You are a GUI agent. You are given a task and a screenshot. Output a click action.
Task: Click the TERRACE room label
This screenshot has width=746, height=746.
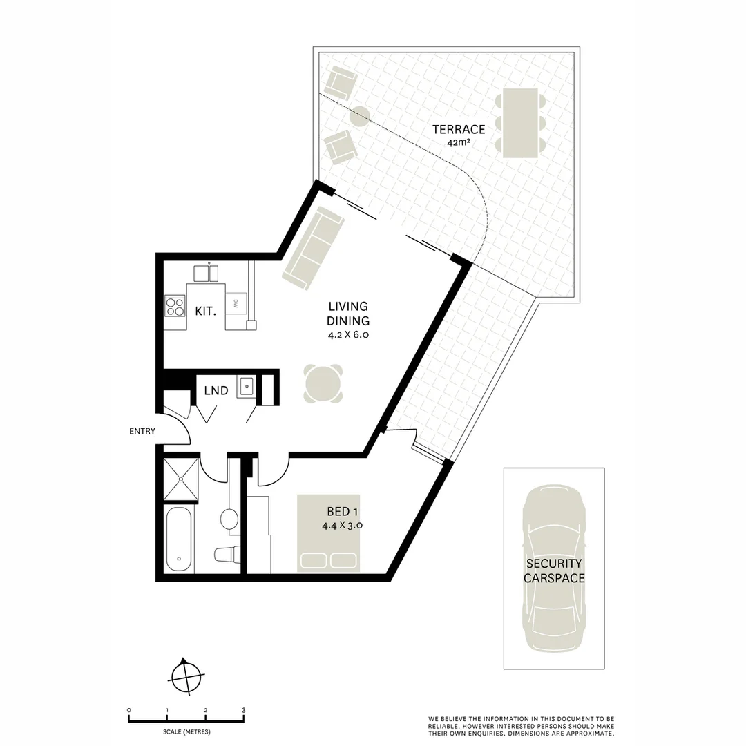click(459, 129)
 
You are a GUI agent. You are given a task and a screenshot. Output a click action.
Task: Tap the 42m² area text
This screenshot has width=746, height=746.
click(459, 144)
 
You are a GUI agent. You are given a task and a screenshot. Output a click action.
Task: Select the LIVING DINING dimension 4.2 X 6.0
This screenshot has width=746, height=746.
click(349, 336)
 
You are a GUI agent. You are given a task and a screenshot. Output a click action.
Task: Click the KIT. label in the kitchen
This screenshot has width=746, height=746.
click(205, 312)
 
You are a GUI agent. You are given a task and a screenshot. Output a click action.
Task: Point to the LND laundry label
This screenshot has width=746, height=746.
click(216, 391)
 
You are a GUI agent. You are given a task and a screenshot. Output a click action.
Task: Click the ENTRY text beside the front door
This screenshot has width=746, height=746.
click(142, 432)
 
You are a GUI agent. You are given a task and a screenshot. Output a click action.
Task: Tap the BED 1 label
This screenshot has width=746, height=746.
click(343, 513)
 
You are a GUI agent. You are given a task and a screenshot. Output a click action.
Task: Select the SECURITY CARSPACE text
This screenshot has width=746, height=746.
click(553, 571)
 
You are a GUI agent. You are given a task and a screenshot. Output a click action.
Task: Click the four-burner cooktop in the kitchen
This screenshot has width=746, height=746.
click(175, 305)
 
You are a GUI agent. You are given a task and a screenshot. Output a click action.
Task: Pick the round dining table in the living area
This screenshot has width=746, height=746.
click(323, 383)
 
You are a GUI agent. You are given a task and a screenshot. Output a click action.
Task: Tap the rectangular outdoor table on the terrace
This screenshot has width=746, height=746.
click(520, 123)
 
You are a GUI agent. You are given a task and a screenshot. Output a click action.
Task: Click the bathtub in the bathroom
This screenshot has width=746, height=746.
click(179, 539)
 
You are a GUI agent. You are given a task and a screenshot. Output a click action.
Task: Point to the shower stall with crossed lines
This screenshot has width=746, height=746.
click(181, 478)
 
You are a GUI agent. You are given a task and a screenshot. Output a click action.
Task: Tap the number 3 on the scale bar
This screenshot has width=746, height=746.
click(243, 710)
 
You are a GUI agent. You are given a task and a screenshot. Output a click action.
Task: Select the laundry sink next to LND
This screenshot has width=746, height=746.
click(247, 386)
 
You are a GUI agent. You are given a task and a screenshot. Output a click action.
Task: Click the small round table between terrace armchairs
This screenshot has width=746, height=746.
click(359, 116)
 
